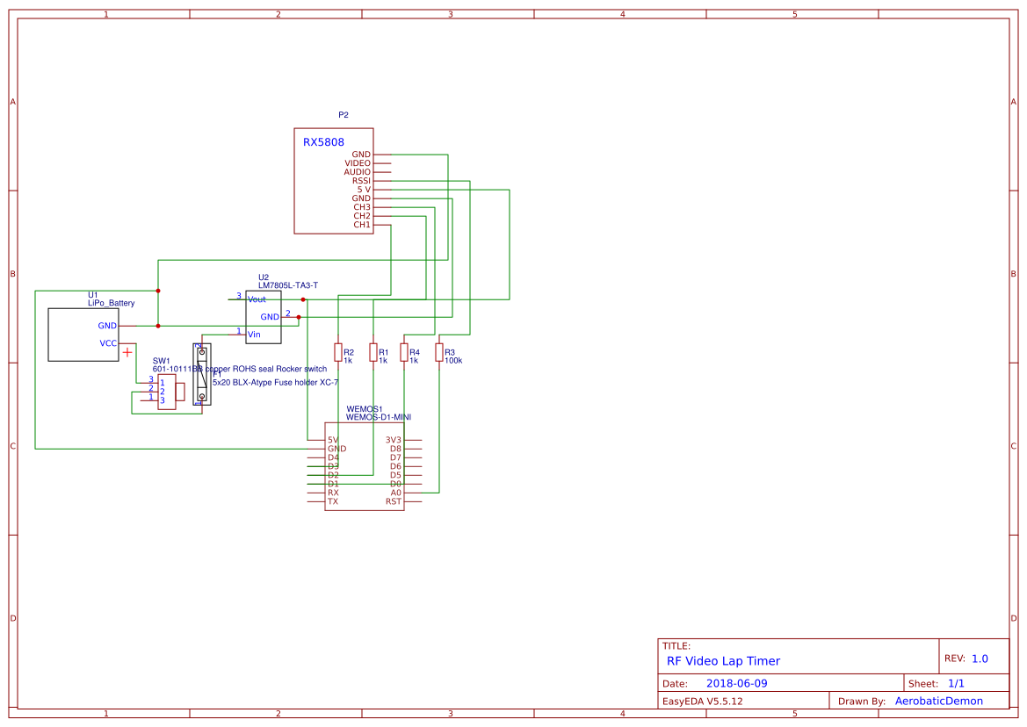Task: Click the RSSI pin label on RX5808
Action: pos(361,181)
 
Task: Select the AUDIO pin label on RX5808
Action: pos(357,172)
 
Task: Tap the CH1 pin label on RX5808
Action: pos(362,225)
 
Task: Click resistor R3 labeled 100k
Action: pos(439,352)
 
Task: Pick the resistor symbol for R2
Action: pos(337,352)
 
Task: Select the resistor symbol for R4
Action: pos(404,352)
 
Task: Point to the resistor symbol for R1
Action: pos(372,352)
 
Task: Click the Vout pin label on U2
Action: pos(257,299)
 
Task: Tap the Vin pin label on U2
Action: pos(254,334)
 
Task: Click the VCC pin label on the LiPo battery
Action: pos(108,343)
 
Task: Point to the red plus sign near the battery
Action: pos(128,352)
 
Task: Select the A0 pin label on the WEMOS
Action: pos(395,493)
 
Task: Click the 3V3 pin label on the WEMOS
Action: pos(393,440)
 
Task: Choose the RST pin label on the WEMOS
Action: pos(394,501)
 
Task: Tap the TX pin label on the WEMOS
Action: pos(333,501)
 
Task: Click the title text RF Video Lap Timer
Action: pos(723,661)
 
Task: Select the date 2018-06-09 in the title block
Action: pos(736,683)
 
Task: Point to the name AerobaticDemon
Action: pos(938,701)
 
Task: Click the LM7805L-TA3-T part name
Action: pos(288,285)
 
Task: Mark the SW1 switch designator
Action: pos(161,361)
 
